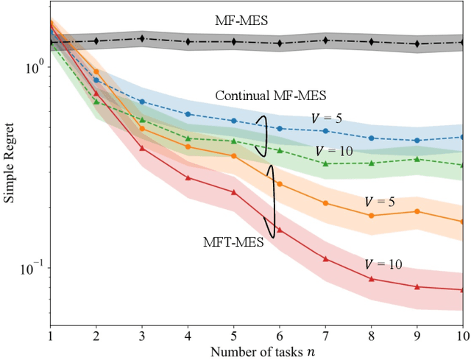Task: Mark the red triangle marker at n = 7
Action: pyautogui.click(x=325, y=258)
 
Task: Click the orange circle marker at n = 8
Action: pyautogui.click(x=371, y=216)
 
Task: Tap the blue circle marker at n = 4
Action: pyautogui.click(x=188, y=114)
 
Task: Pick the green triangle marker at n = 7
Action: pyautogui.click(x=325, y=163)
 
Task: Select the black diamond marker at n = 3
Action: pyautogui.click(x=142, y=39)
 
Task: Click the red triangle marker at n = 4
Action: pyautogui.click(x=188, y=178)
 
